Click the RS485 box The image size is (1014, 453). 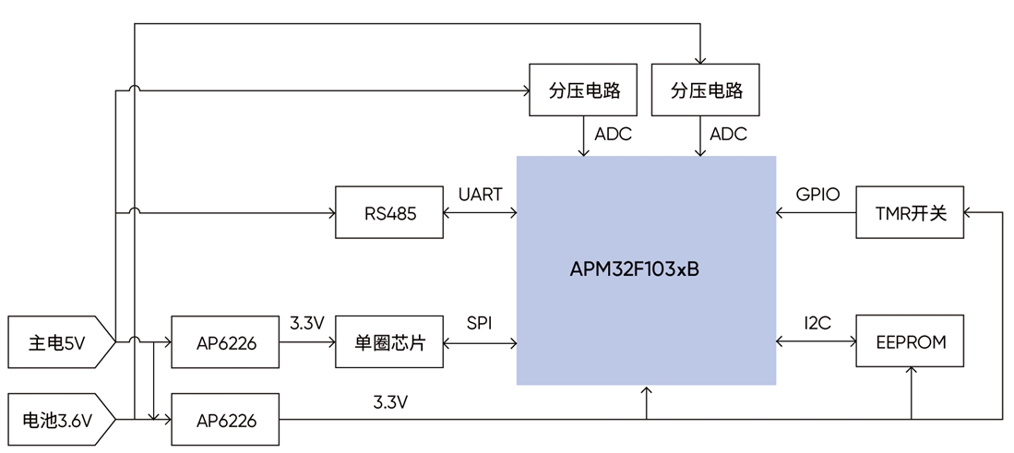(389, 213)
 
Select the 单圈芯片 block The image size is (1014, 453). (389, 342)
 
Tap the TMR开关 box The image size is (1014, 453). (911, 213)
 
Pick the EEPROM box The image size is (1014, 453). (911, 342)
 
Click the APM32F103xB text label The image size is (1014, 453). (634, 270)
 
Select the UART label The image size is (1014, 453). (480, 195)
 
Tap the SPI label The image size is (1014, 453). (479, 324)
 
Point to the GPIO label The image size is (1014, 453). (817, 195)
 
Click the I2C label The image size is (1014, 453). (817, 323)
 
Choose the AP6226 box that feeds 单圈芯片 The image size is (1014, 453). (226, 342)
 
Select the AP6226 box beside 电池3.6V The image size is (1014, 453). (226, 421)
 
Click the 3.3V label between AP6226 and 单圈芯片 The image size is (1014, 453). (306, 324)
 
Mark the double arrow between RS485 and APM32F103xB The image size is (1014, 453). (480, 213)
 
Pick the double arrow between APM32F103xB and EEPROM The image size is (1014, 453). (817, 342)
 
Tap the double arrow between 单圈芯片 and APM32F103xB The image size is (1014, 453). (480, 342)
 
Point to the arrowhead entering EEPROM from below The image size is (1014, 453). (912, 373)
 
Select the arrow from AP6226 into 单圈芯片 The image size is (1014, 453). (307, 342)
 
